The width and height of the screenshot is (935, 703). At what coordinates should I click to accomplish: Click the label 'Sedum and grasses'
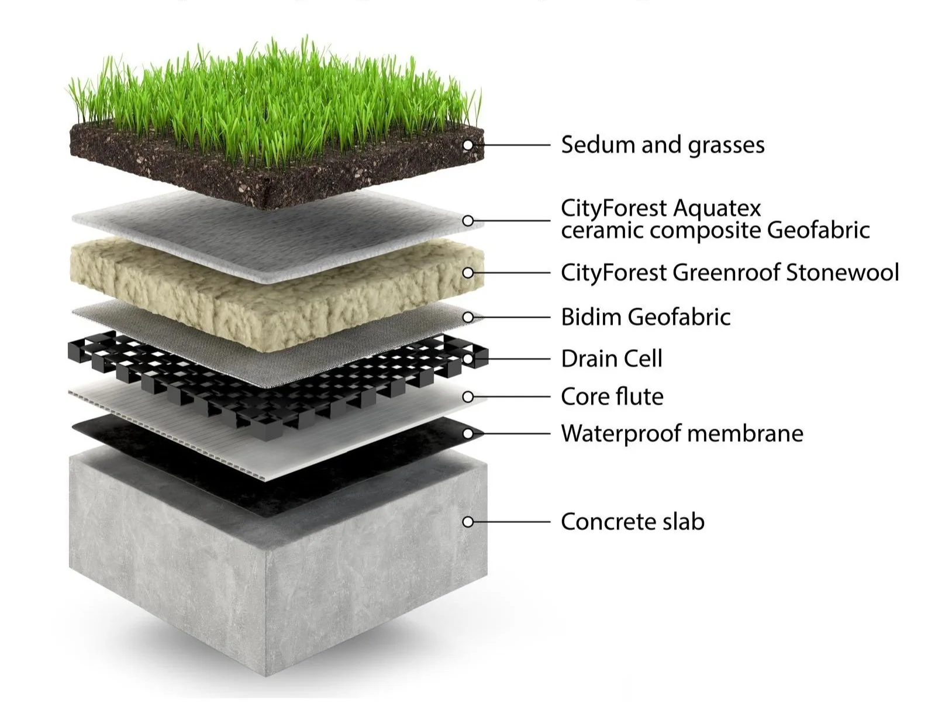coord(663,145)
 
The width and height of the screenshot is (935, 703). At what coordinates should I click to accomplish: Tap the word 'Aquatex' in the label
coord(717,208)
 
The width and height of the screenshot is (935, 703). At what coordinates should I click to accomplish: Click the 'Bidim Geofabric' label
coord(646,317)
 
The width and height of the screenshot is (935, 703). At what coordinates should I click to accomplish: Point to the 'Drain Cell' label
coord(612,359)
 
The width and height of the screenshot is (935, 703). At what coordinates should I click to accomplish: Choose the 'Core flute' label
coord(612,397)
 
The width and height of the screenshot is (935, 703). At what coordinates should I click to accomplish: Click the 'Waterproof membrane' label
coord(682,433)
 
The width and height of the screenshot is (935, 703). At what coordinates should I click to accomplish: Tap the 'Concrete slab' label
coord(633,521)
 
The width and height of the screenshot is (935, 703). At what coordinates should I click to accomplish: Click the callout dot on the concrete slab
coord(468,521)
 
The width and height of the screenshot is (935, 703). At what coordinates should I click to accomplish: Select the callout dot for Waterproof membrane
coord(468,433)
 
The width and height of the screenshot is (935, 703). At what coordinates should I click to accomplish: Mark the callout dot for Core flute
coord(468,397)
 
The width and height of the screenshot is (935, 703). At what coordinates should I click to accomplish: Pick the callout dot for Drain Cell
coord(468,359)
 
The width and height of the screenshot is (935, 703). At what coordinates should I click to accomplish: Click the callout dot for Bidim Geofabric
coord(468,317)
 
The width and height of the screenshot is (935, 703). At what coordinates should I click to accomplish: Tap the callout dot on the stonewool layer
coord(468,273)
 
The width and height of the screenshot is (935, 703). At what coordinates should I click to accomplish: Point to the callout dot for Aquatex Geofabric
coord(468,220)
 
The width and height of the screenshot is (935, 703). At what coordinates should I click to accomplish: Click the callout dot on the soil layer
coord(468,144)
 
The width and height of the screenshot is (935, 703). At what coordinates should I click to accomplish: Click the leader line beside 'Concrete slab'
coord(512,521)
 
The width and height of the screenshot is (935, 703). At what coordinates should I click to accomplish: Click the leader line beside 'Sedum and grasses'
coord(512,144)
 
